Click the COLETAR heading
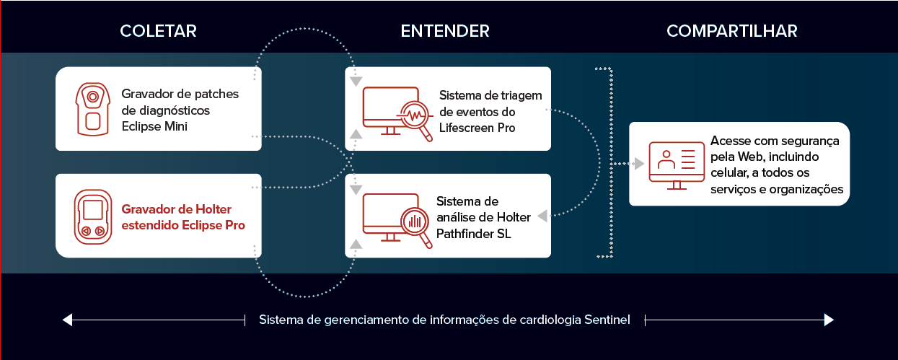pos(158,31)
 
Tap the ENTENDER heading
pos(445,31)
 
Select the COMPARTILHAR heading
pos(731,31)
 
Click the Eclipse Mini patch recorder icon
pos(92,109)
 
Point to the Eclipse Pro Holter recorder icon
pos(92,217)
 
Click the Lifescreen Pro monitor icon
pos(397,114)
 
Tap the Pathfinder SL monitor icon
pos(397,221)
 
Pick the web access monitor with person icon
pos(677,165)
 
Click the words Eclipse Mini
pos(154,127)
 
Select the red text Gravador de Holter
pos(177,209)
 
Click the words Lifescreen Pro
pos(477,128)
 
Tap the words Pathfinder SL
pos(473,234)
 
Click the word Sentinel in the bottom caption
pos(607,320)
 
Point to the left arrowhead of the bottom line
pos(67,320)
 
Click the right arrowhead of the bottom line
pos(829,320)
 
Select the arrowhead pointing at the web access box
pos(640,164)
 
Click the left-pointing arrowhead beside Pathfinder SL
pos(542,216)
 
